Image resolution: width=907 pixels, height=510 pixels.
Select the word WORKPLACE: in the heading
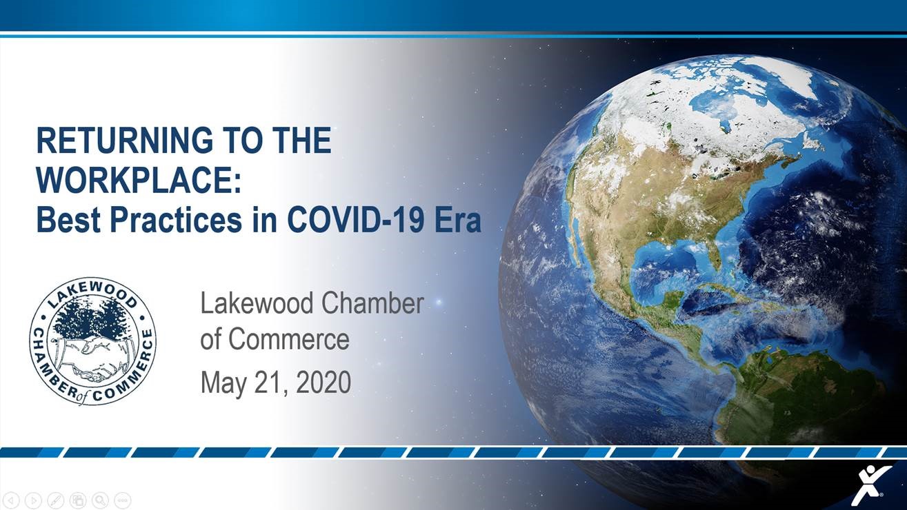(139, 181)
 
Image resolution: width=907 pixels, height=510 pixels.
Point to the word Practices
(165, 220)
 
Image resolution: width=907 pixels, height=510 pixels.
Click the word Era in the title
(458, 220)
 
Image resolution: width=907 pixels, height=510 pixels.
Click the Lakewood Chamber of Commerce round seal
(92, 340)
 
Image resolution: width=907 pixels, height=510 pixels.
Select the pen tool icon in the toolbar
(56, 500)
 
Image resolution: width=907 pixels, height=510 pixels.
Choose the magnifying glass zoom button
(100, 500)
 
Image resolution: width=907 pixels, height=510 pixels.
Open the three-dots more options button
(122, 500)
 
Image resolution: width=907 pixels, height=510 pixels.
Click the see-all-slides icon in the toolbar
(78, 500)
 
